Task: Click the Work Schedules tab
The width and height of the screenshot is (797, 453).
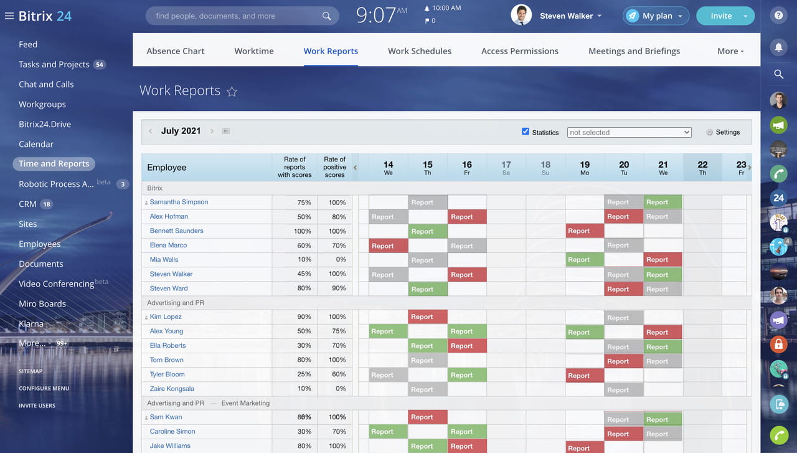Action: pos(419,51)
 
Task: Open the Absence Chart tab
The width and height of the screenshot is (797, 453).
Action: pos(175,51)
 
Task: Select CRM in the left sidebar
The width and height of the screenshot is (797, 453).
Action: pos(27,204)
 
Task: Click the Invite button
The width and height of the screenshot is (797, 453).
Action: pos(721,16)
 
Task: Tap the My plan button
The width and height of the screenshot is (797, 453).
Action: pos(655,16)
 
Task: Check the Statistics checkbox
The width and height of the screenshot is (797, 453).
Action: pos(526,131)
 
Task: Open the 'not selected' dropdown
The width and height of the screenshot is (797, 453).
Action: pos(629,132)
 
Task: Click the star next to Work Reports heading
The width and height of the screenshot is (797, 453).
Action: pos(232,92)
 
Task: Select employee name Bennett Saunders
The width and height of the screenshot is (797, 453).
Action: pos(176,231)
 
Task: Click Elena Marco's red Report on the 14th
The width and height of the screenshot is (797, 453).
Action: pos(388,246)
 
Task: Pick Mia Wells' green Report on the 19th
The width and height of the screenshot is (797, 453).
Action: pos(584,260)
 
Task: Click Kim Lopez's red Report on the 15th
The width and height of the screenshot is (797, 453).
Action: pos(427,317)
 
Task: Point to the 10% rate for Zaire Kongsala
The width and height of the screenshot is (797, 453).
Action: pos(304,389)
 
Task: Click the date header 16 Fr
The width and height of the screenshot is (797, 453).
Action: pos(466,168)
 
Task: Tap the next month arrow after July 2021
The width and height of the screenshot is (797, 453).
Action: pos(212,131)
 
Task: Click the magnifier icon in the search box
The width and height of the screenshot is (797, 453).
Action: pos(326,16)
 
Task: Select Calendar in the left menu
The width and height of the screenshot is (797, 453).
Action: pos(36,144)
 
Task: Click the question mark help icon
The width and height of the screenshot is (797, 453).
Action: pos(778,16)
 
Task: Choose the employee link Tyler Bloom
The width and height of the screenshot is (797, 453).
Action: pos(167,374)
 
